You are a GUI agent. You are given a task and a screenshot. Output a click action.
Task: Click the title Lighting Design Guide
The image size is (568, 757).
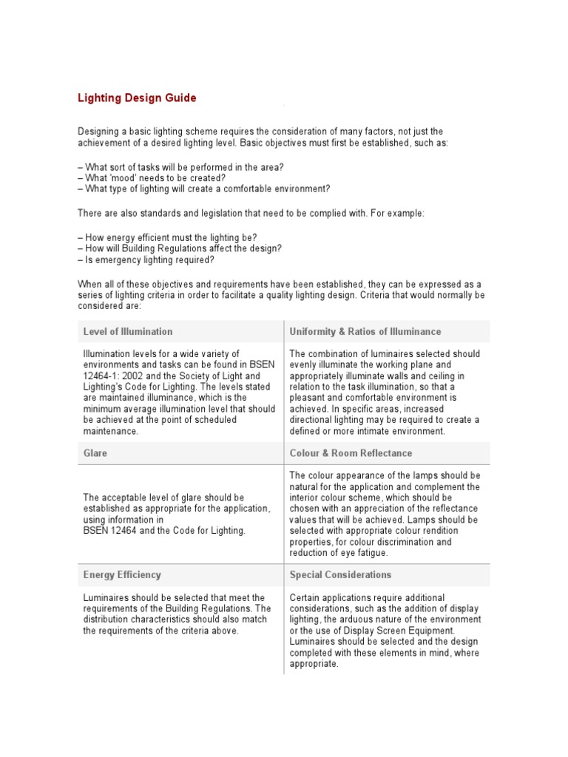click(138, 98)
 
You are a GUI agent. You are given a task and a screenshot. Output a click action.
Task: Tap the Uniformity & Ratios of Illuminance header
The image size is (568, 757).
click(365, 331)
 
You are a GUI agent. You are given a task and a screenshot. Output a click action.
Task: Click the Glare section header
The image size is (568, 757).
click(95, 452)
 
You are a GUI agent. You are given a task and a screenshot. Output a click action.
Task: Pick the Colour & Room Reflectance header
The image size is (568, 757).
click(351, 452)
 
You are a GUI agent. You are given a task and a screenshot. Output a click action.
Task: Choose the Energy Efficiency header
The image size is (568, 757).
click(121, 574)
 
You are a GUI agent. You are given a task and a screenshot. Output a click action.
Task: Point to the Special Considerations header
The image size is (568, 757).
click(340, 574)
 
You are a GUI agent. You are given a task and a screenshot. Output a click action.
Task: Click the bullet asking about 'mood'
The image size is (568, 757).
click(152, 178)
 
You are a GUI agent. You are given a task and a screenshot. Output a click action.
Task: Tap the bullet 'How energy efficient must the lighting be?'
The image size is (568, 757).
click(167, 237)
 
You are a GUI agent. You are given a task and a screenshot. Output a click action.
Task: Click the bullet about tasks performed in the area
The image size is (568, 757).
click(180, 167)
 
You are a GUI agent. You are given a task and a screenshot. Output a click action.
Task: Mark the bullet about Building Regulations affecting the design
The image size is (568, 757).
click(180, 249)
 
